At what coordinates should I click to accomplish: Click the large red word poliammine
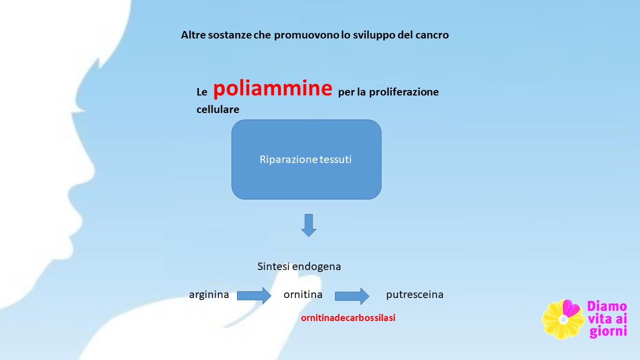coord(272,88)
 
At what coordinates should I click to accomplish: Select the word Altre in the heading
coord(193,35)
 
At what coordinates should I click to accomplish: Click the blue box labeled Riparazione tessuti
coord(306,159)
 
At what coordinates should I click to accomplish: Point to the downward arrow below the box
coord(308,225)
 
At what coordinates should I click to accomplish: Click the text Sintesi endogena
coord(299,266)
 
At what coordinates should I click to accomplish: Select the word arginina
coord(209,294)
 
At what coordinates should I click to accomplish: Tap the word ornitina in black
coord(303,294)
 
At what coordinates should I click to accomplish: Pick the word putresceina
coord(414,294)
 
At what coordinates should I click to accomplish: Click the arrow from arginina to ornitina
coord(254,295)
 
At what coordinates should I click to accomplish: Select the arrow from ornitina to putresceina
coord(352,296)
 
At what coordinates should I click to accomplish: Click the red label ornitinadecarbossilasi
coord(348,317)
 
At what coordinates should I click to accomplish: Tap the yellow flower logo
coord(563,319)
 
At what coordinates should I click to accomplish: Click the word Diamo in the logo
coord(607,306)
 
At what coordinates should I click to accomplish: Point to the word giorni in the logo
coord(608,331)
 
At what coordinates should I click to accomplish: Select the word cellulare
coord(217,109)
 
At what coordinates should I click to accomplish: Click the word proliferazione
coord(403,92)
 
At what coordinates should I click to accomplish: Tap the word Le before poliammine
coord(201,92)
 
